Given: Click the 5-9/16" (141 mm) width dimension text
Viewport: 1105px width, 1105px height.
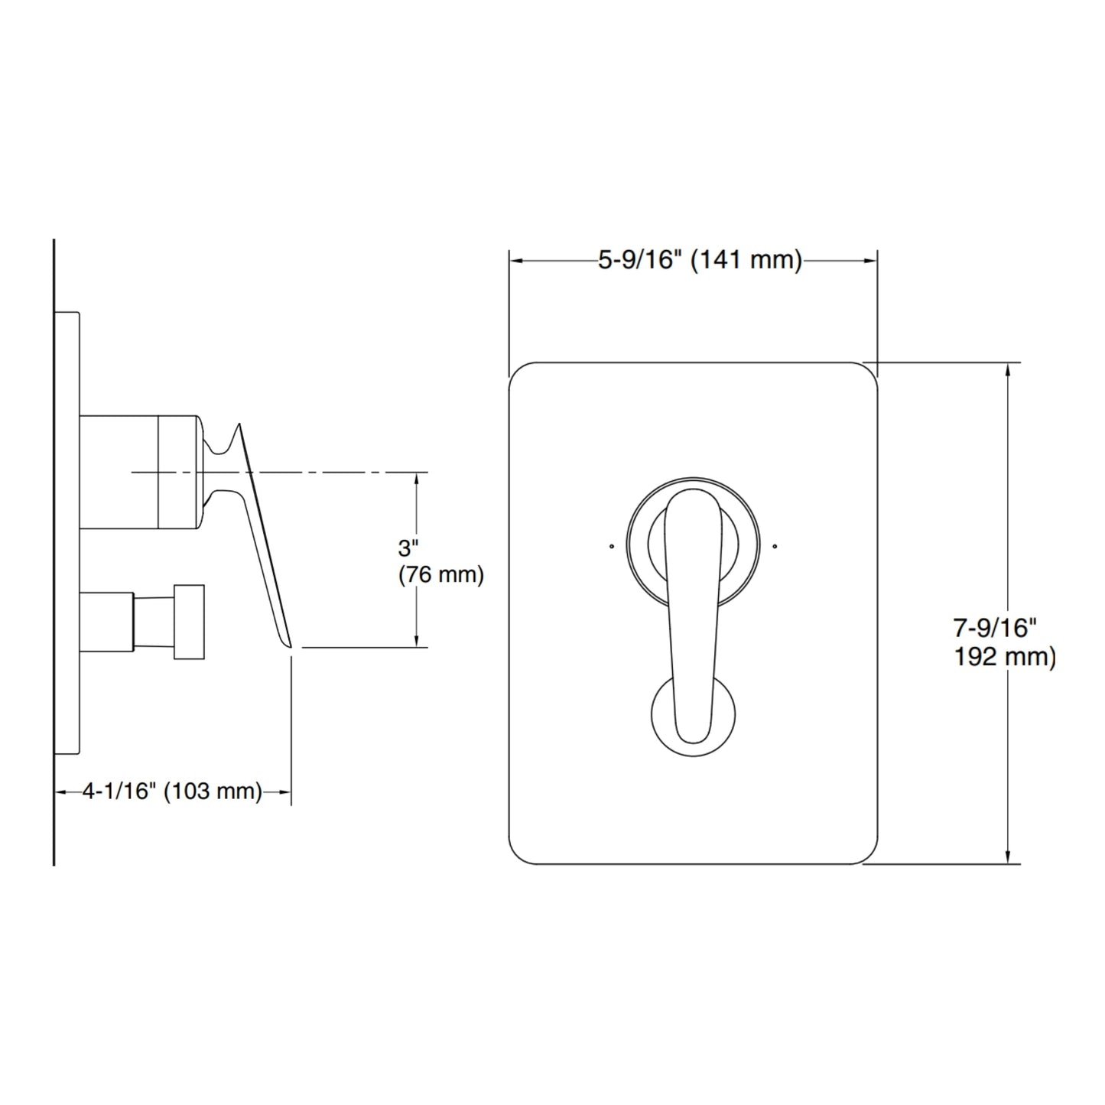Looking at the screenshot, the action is click(700, 261).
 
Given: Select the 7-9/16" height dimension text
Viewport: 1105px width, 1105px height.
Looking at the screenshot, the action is click(996, 629).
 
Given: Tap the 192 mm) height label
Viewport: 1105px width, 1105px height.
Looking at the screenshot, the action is click(1004, 657).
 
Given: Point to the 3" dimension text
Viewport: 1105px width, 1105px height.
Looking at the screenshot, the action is click(408, 549).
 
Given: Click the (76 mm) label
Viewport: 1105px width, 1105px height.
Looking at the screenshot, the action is click(441, 575).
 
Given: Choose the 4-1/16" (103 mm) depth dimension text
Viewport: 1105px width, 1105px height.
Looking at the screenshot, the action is click(172, 791).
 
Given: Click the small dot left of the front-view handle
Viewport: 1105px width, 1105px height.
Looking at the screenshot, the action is click(612, 546).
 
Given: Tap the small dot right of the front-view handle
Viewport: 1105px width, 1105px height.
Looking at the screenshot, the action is click(775, 546).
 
